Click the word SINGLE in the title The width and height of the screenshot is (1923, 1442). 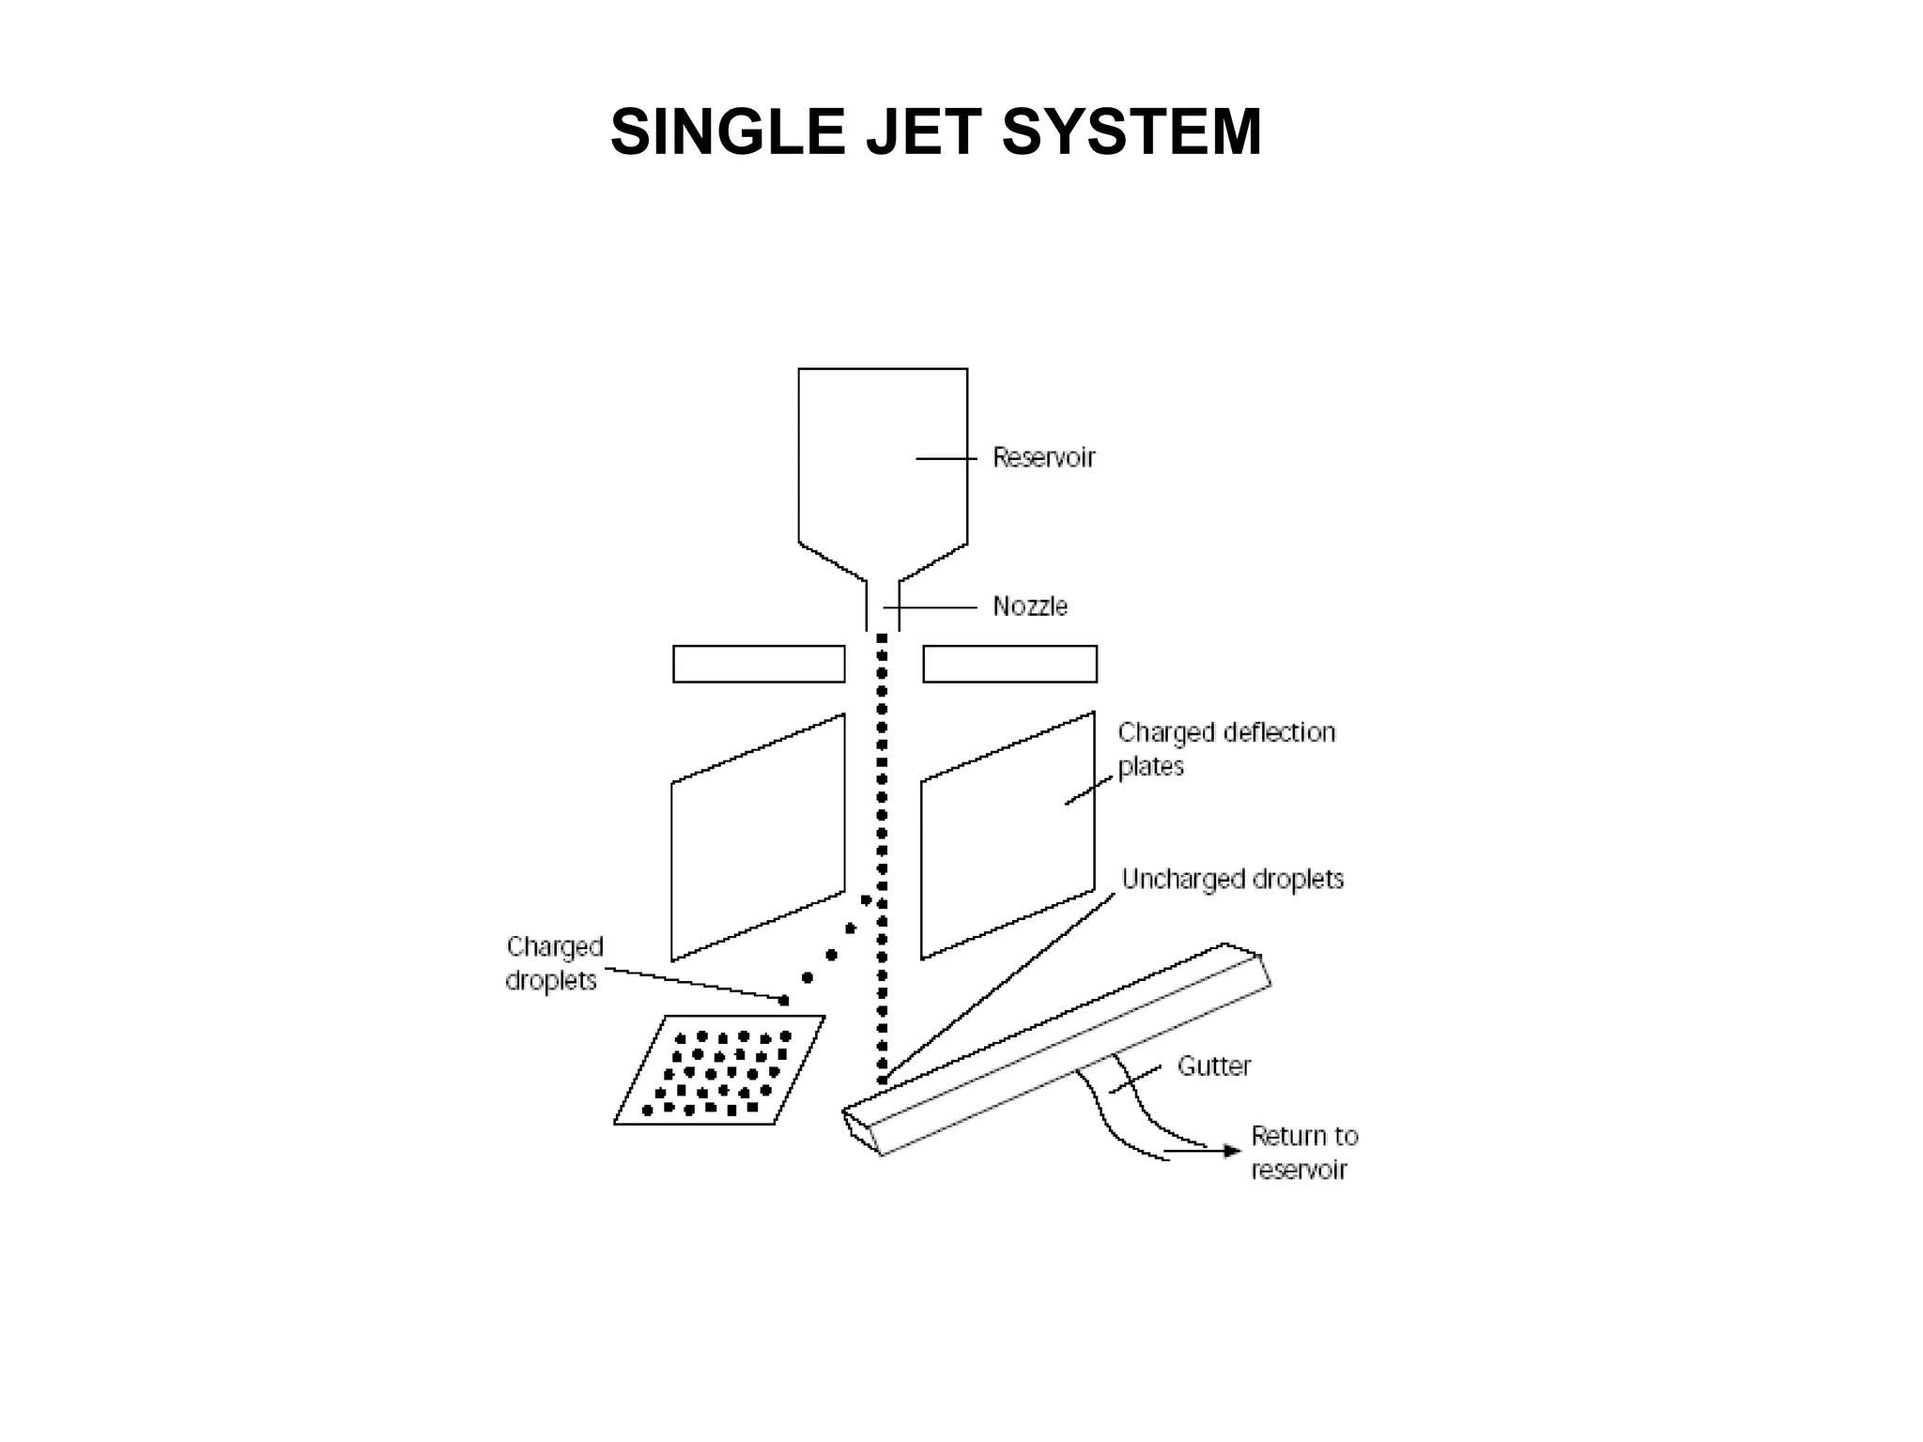click(x=728, y=132)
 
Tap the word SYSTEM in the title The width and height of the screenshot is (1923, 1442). click(x=1131, y=132)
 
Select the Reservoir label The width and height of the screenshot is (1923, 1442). click(x=1044, y=458)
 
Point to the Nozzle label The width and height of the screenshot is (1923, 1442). click(x=1030, y=606)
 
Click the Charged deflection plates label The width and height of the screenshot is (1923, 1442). click(x=1225, y=748)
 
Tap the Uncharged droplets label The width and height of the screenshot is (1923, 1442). click(x=1232, y=880)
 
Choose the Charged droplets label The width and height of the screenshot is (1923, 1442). click(x=554, y=963)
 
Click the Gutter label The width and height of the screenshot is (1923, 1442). click(x=1214, y=1066)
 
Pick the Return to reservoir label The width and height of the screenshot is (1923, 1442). click(x=1304, y=1153)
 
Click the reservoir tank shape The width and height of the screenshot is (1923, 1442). click(x=882, y=460)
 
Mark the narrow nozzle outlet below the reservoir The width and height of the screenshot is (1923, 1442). click(x=883, y=606)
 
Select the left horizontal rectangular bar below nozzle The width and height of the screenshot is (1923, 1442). click(x=759, y=664)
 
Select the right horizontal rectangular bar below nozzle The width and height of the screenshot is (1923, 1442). click(x=1009, y=664)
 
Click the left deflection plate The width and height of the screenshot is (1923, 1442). click(x=758, y=837)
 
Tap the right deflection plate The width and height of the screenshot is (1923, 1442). click(x=1008, y=836)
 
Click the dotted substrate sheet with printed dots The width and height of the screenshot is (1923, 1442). click(x=718, y=1071)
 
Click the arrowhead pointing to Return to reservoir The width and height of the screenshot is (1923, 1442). click(x=1233, y=1151)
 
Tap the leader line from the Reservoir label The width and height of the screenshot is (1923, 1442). click(x=946, y=458)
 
